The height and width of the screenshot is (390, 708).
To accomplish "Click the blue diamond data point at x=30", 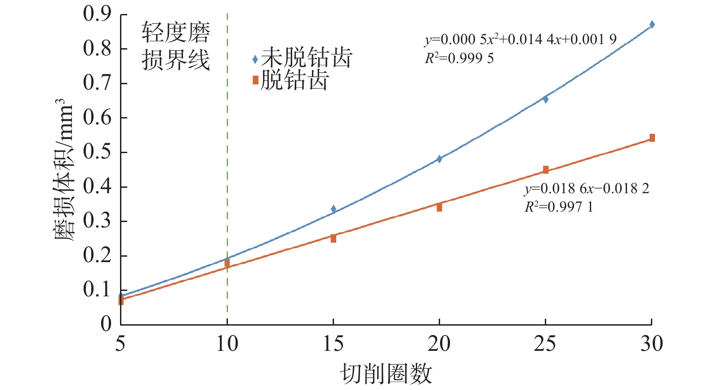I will coord(652,24).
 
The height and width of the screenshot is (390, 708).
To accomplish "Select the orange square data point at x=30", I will coord(652,138).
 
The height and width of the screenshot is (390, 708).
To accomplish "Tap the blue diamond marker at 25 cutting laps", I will coord(545,99).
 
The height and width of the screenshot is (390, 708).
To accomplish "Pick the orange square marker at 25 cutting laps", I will coord(545,170).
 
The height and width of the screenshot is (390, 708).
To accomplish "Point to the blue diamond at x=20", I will coord(439,159).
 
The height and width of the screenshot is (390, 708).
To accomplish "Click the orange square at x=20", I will coord(439,208).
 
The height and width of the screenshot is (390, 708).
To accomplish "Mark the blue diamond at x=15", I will coord(333,209).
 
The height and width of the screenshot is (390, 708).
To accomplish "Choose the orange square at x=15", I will coord(333,239).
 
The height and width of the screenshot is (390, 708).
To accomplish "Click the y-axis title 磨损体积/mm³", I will coord(63,170).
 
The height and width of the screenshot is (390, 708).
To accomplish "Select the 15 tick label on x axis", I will coord(333,344).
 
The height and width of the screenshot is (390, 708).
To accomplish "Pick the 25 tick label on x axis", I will coord(545,344).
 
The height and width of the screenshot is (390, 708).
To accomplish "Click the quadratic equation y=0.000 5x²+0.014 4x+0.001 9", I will coord(521,40).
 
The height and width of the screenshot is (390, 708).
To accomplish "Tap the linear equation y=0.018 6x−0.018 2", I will coord(587,188).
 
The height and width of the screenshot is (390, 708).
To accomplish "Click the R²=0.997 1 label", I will coord(559,207).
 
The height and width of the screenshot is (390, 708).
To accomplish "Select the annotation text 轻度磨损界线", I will coord(176,46).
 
